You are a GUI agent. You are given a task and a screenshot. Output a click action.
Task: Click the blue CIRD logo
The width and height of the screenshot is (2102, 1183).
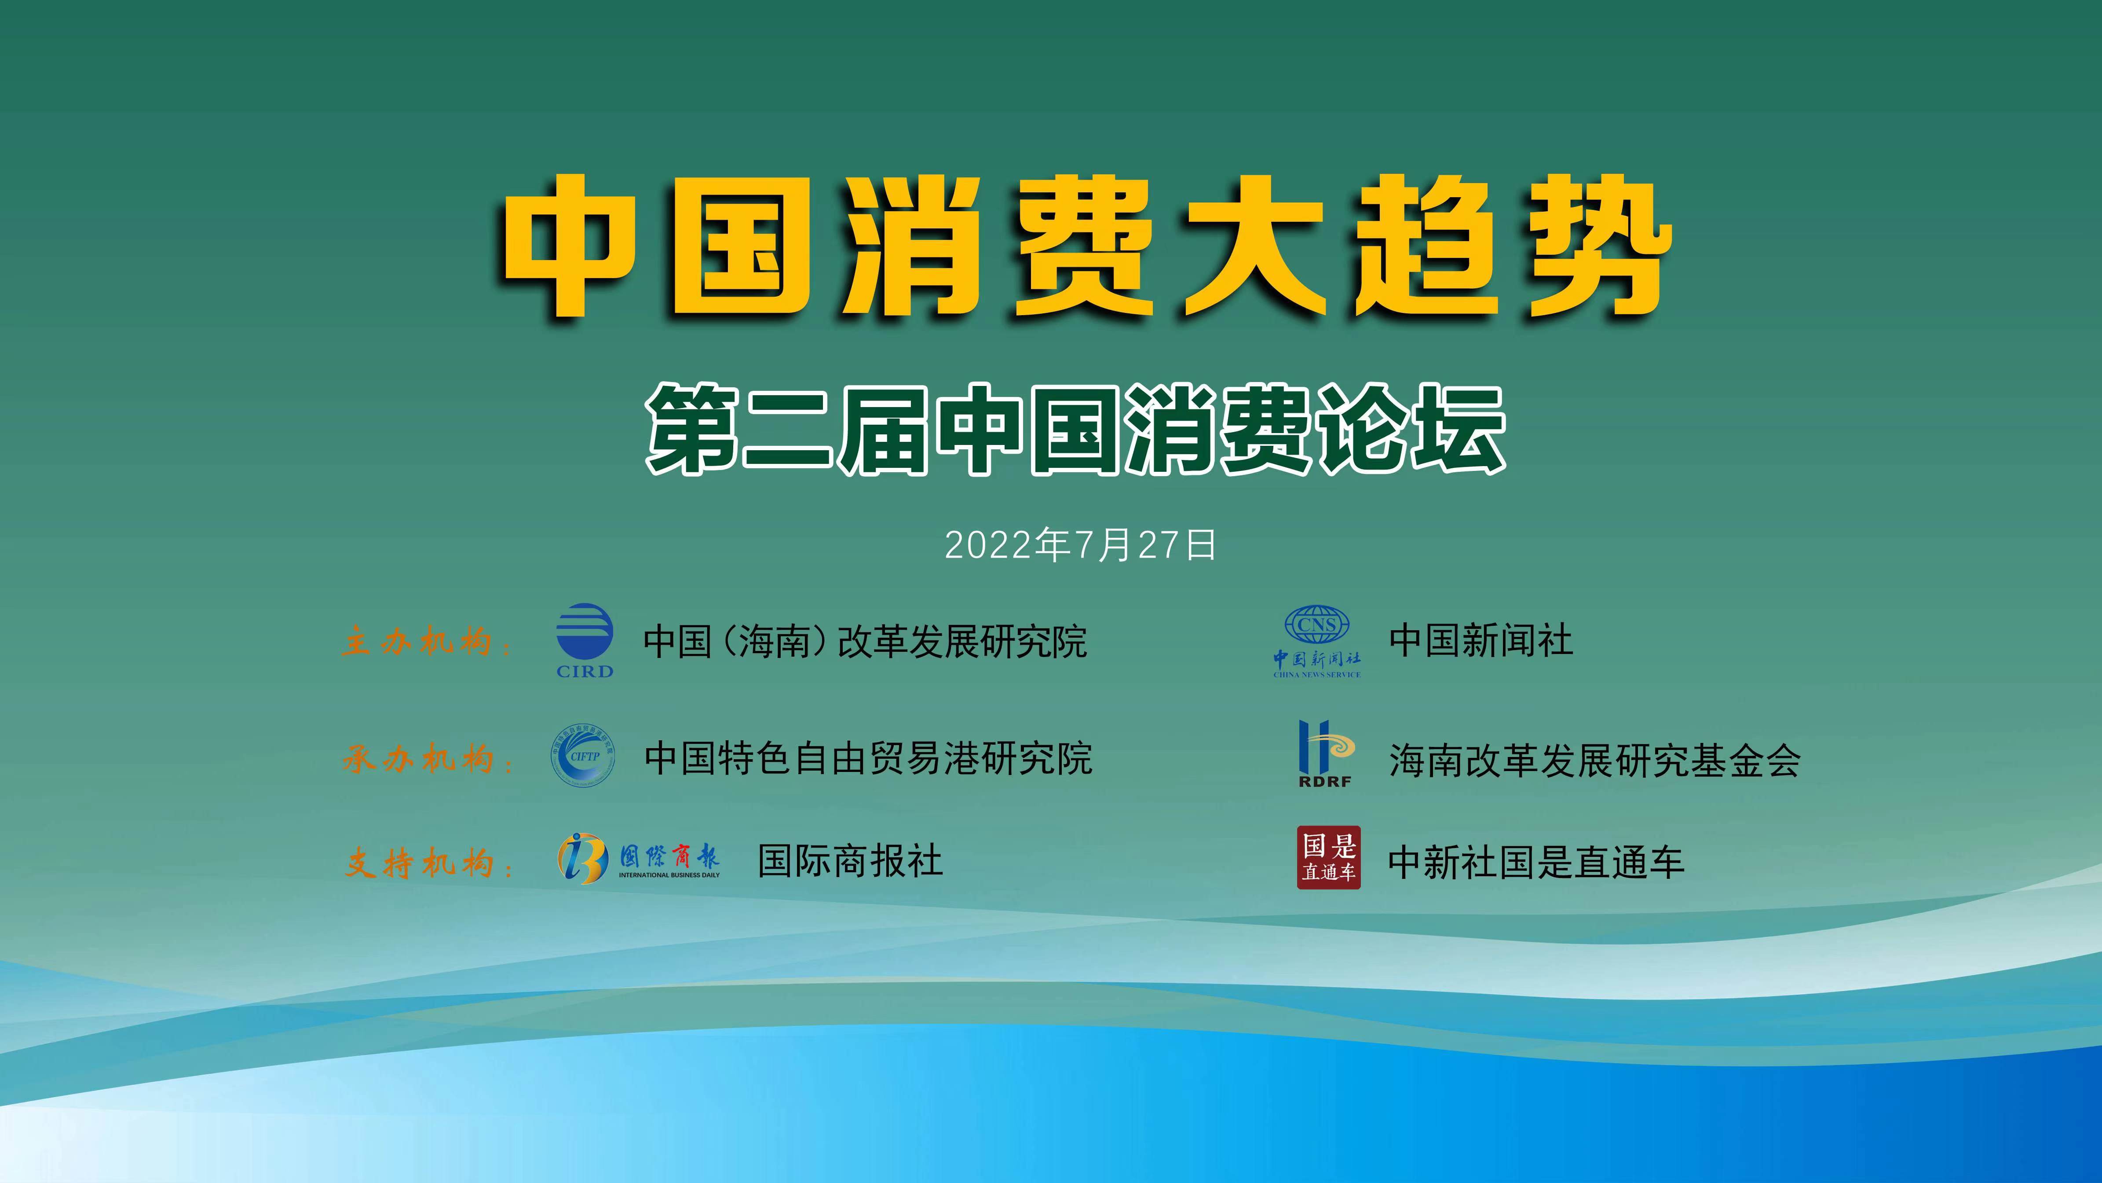(x=584, y=641)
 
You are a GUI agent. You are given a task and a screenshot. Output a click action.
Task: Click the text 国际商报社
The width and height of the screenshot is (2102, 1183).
(x=850, y=860)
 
